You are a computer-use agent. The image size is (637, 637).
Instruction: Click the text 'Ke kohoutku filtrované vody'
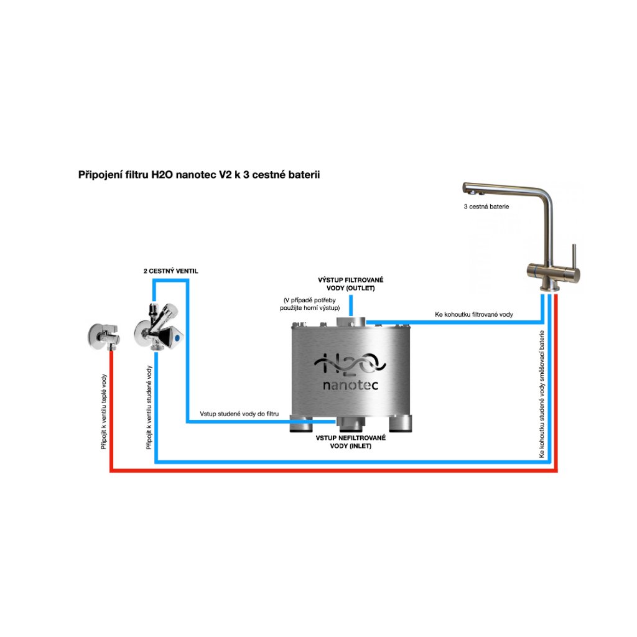[x=474, y=315]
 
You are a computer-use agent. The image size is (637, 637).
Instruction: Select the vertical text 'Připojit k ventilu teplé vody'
[x=104, y=411]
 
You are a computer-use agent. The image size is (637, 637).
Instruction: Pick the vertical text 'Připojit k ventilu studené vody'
[x=149, y=407]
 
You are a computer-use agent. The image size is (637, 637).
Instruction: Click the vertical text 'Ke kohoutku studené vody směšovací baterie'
[x=542, y=394]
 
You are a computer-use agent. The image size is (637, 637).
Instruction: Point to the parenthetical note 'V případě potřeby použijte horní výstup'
[x=311, y=304]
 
